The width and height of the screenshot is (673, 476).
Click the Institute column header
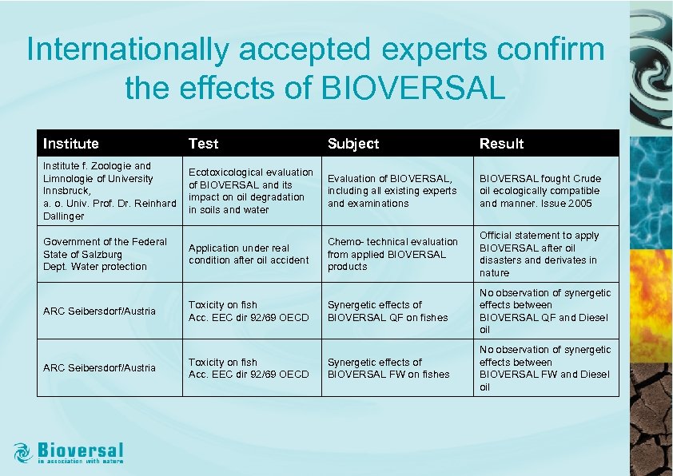pyautogui.click(x=71, y=144)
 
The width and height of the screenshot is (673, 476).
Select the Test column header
pyautogui.click(x=203, y=144)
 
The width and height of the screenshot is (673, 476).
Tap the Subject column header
pyautogui.click(x=353, y=144)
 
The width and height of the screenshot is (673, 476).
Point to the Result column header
pyautogui.click(x=501, y=144)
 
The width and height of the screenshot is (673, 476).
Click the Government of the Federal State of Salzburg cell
pyautogui.click(x=105, y=254)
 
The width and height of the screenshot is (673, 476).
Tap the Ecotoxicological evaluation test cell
pyautogui.click(x=250, y=191)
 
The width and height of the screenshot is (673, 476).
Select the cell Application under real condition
pyautogui.click(x=248, y=254)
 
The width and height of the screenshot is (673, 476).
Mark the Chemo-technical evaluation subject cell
pyautogui.click(x=392, y=254)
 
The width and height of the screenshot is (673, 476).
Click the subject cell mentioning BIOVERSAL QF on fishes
pyautogui.click(x=387, y=311)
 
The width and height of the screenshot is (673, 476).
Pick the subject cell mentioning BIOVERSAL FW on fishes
pyautogui.click(x=388, y=368)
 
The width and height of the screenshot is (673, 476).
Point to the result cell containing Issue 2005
pyautogui.click(x=540, y=191)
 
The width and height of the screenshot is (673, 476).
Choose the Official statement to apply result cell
pyautogui.click(x=538, y=254)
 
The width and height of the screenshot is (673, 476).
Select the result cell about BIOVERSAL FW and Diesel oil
pyautogui.click(x=544, y=368)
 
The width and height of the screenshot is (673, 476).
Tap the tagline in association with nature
pyautogui.click(x=81, y=461)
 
